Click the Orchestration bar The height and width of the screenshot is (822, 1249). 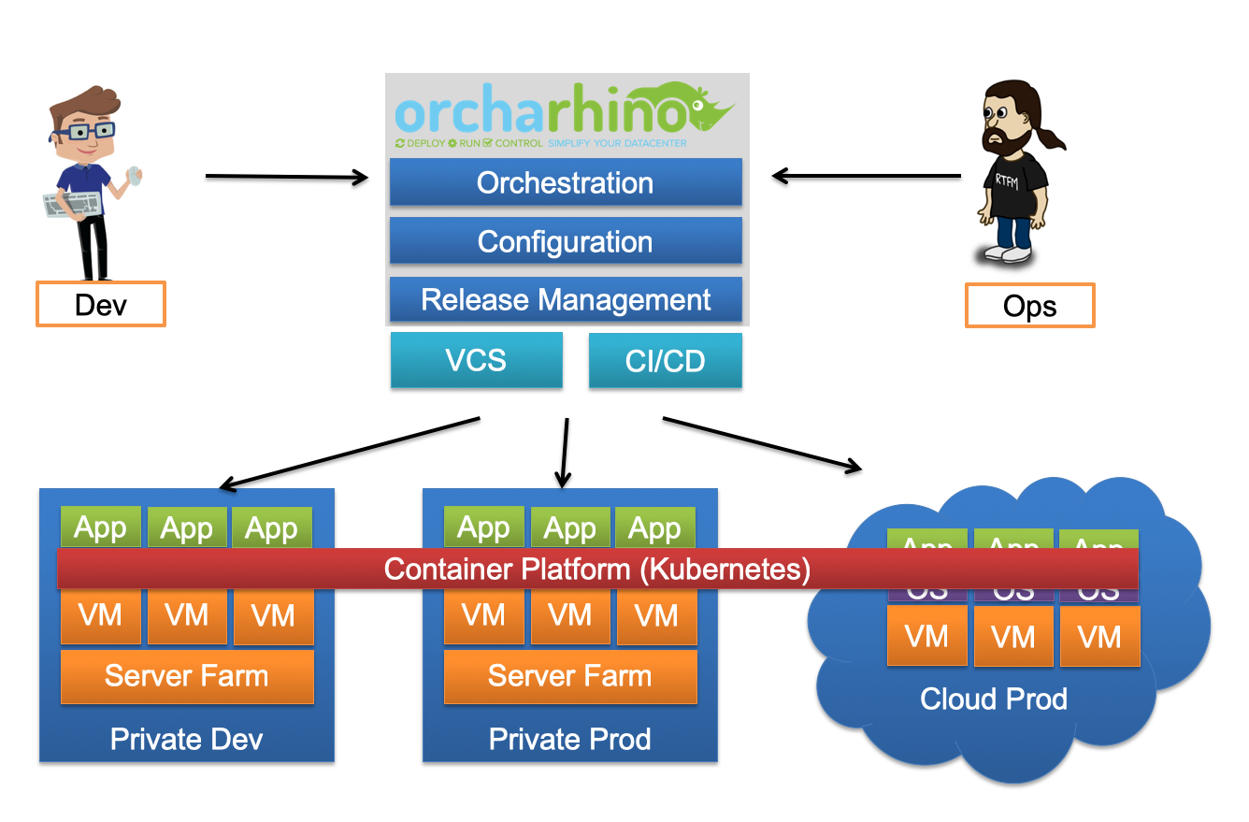point(565,182)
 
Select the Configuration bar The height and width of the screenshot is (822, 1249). point(565,241)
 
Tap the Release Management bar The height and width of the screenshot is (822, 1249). point(565,300)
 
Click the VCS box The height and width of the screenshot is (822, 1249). point(476,360)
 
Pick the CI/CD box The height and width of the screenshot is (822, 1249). point(665,361)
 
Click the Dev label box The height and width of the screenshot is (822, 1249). point(100,305)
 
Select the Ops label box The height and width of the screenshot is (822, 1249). point(1029,307)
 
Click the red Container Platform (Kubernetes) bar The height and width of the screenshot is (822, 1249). point(597,569)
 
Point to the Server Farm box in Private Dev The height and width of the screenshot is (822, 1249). point(187,676)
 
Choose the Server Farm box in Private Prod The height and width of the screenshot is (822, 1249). point(569,676)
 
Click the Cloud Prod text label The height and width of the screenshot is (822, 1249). point(993,699)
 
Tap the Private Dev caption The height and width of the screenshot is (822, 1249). point(186,740)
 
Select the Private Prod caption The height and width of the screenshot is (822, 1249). point(569,740)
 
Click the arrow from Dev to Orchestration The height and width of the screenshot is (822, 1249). point(286,176)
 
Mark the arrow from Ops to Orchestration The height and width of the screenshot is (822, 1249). point(866,175)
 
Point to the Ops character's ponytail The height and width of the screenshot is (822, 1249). point(1054,138)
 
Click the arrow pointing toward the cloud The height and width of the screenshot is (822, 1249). point(762,442)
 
